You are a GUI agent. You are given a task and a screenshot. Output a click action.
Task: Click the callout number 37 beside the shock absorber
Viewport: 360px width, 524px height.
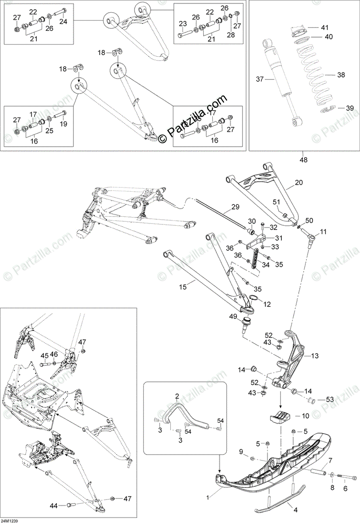tap(260, 79)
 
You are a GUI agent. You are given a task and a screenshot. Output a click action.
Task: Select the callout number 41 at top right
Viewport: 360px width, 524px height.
tap(324, 28)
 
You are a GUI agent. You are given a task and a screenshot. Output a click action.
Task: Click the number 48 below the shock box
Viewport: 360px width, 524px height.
tap(304, 160)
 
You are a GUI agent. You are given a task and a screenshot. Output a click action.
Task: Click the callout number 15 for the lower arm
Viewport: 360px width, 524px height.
tap(183, 287)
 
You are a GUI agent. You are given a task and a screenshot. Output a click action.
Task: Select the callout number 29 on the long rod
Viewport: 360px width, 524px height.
tap(235, 207)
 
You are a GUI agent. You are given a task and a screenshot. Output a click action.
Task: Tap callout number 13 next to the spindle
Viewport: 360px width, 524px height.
tap(315, 356)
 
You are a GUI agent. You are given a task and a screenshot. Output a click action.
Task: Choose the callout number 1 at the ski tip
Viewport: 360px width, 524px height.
tap(208, 497)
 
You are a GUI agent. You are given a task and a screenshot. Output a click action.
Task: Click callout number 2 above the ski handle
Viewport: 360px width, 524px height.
tap(177, 396)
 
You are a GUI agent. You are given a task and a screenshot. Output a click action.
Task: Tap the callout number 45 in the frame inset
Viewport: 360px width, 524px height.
tap(44, 354)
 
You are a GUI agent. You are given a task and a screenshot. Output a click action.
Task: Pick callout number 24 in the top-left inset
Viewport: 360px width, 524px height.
tap(63, 21)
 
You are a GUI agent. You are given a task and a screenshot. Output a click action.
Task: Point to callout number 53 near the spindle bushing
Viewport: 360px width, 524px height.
tap(329, 399)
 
